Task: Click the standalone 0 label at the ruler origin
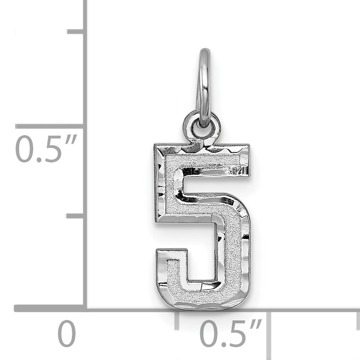[x=66, y=335]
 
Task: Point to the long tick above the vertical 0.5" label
[x=49, y=126]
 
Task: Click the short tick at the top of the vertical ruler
[x=76, y=31]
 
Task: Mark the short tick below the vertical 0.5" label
[x=76, y=215]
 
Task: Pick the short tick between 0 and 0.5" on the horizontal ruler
[x=177, y=320]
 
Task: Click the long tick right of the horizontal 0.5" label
[x=269, y=335]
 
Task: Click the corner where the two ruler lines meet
[x=85, y=308]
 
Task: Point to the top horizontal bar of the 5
[x=203, y=161]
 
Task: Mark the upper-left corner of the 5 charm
[x=157, y=148]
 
